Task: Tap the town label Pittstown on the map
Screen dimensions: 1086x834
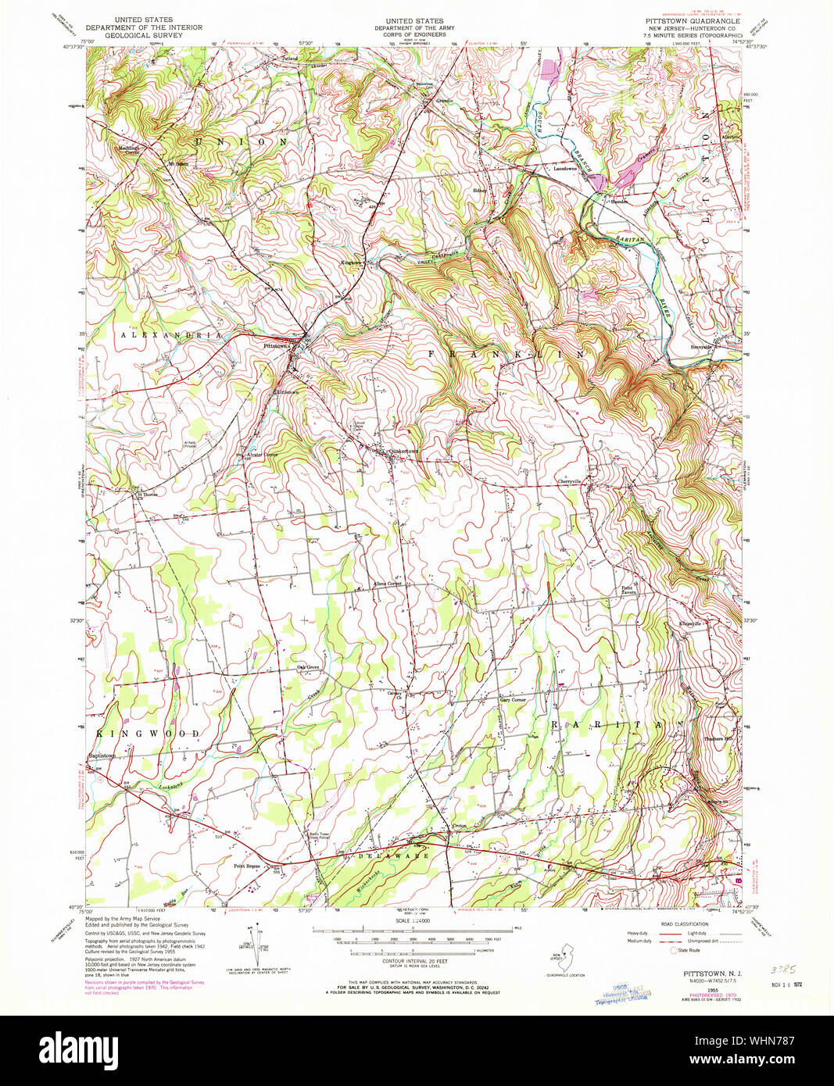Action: pos(277,345)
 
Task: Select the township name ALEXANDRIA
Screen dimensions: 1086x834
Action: pos(170,334)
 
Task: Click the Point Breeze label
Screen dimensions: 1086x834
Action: pos(247,865)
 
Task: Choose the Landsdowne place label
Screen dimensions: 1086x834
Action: pos(565,169)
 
